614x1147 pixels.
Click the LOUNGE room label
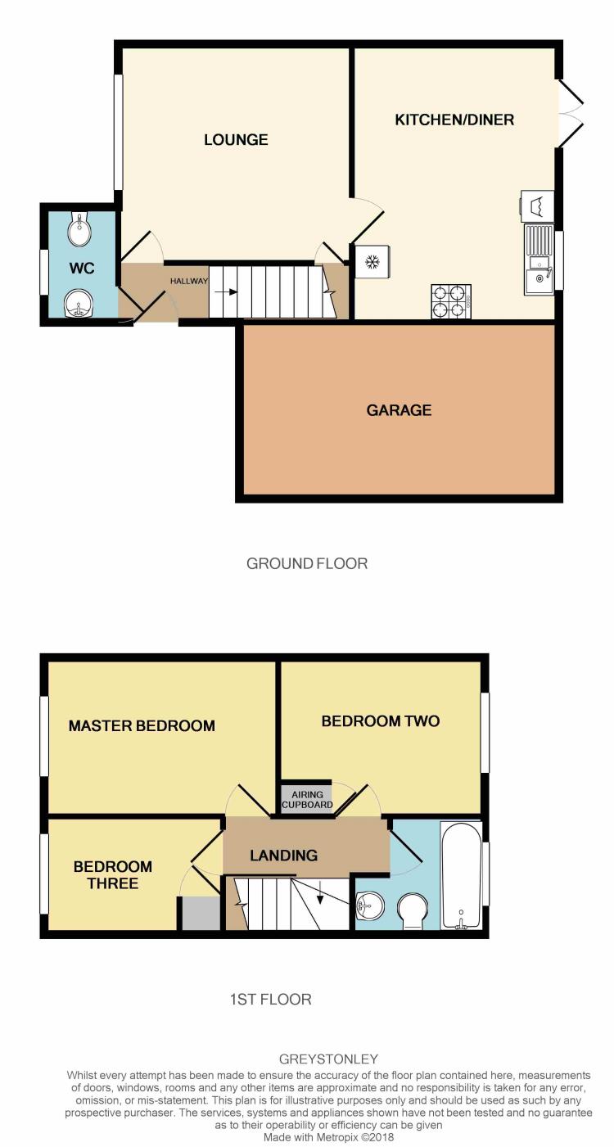(236, 140)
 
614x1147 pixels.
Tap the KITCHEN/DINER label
(454, 120)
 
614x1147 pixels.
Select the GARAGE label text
(399, 410)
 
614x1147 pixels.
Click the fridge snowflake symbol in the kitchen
(372, 263)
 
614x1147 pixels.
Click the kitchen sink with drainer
(539, 260)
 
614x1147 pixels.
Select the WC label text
(81, 269)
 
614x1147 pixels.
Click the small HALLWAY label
(188, 282)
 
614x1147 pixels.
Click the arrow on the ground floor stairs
(226, 291)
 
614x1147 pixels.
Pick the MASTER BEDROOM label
(142, 725)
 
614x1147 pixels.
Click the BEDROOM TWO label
(380, 721)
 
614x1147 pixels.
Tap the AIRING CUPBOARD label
(307, 800)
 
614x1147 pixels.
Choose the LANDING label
(283, 856)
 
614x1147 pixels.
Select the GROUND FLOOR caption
(307, 563)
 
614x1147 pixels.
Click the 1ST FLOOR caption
(270, 1000)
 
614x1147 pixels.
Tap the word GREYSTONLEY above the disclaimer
(327, 1059)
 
